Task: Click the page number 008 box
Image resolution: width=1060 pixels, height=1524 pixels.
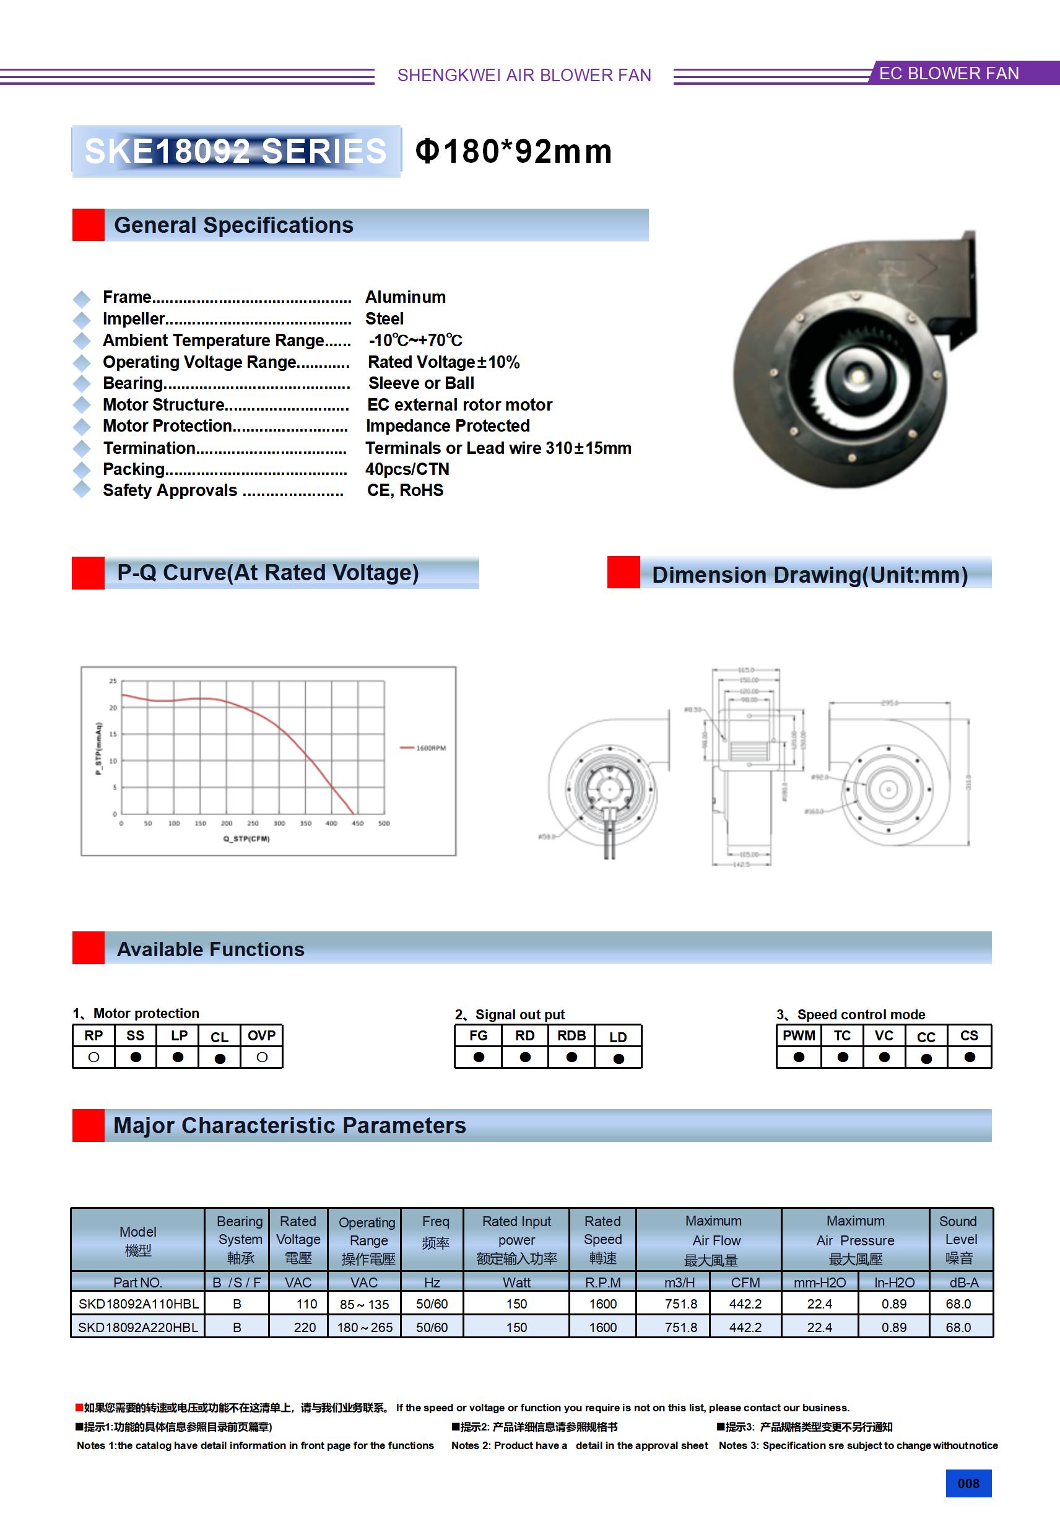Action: point(968,1484)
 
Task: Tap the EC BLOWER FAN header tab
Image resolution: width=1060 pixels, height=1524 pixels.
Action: point(949,74)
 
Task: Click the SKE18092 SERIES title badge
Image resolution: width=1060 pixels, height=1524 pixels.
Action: point(236,151)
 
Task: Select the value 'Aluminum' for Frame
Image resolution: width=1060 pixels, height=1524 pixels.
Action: point(405,297)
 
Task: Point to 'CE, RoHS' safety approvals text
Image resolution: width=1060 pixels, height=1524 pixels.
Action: point(405,490)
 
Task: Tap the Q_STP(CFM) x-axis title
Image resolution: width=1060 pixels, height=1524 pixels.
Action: point(246,839)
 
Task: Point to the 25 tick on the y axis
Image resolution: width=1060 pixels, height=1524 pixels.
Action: point(113,681)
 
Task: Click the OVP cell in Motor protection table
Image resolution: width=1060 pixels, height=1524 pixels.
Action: point(261,1036)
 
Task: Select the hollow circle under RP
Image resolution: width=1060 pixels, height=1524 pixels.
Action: point(93,1057)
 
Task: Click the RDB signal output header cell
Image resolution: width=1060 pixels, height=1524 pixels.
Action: point(571,1036)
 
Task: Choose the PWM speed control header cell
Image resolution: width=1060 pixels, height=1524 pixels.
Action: point(799,1036)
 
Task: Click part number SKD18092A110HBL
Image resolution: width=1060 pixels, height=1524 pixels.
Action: point(138,1304)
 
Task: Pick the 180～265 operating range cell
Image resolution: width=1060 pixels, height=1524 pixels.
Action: point(365,1328)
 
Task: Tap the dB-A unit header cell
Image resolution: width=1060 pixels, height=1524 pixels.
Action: point(963,1283)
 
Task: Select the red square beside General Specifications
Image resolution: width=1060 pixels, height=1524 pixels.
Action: point(89,225)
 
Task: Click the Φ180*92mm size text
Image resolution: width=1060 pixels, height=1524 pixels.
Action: point(513,151)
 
